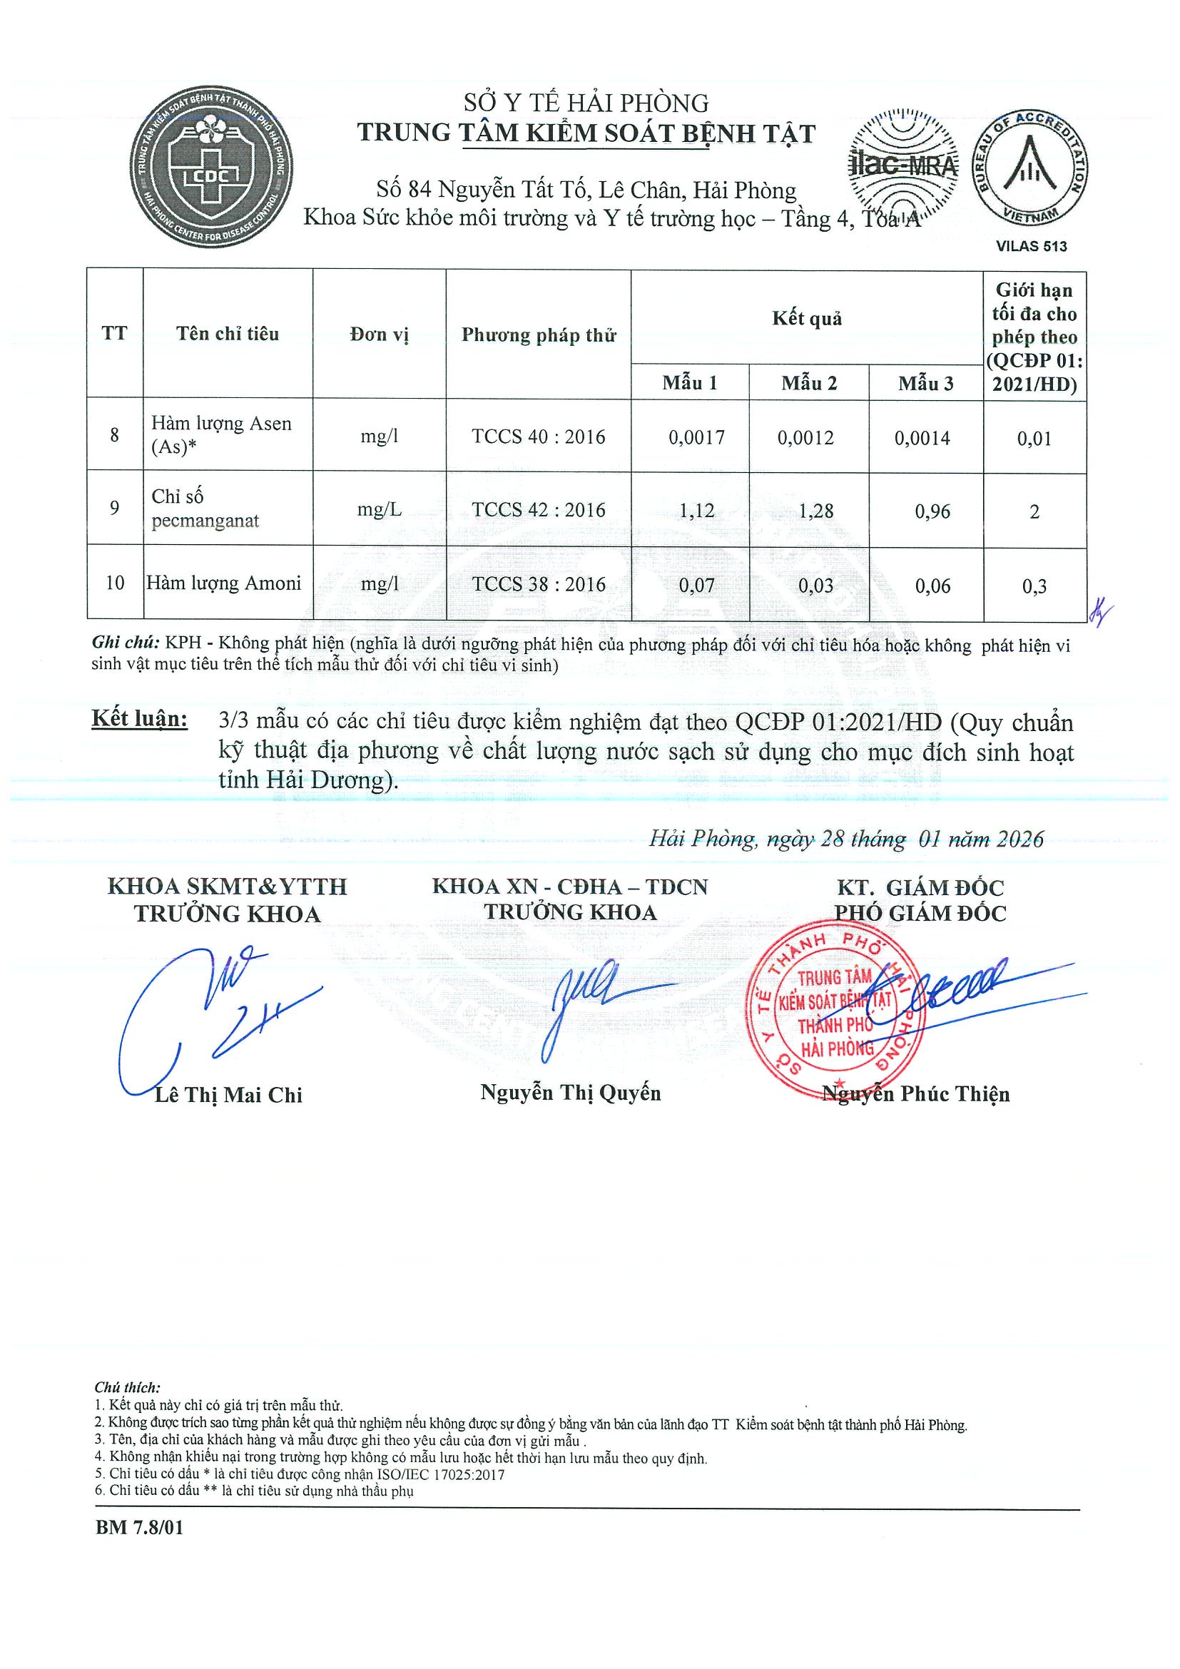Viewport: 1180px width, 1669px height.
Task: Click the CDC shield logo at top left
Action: pos(211,167)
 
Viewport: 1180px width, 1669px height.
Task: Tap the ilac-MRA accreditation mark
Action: pos(903,165)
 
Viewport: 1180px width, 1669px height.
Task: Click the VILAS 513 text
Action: pos(1031,246)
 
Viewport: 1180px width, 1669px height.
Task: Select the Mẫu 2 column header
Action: pos(808,383)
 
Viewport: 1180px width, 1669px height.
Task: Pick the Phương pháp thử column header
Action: pos(538,335)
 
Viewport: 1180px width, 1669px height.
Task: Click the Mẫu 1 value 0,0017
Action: pos(696,438)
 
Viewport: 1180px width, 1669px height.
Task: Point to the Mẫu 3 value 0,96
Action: pos(932,511)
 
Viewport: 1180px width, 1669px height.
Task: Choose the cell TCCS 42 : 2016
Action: pos(538,509)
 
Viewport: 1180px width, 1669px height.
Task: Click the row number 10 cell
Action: pos(115,583)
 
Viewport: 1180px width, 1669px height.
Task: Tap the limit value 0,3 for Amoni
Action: pos(1034,586)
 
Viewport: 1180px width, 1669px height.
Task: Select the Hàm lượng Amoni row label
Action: pos(224,583)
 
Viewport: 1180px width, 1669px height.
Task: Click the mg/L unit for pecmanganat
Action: pos(379,509)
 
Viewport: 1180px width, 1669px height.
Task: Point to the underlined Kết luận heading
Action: pos(140,719)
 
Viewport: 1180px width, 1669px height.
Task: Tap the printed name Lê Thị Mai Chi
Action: pos(228,1095)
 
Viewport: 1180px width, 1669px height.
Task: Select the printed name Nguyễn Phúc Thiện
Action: pos(916,1094)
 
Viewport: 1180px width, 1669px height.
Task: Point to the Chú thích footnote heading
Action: pos(127,1388)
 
